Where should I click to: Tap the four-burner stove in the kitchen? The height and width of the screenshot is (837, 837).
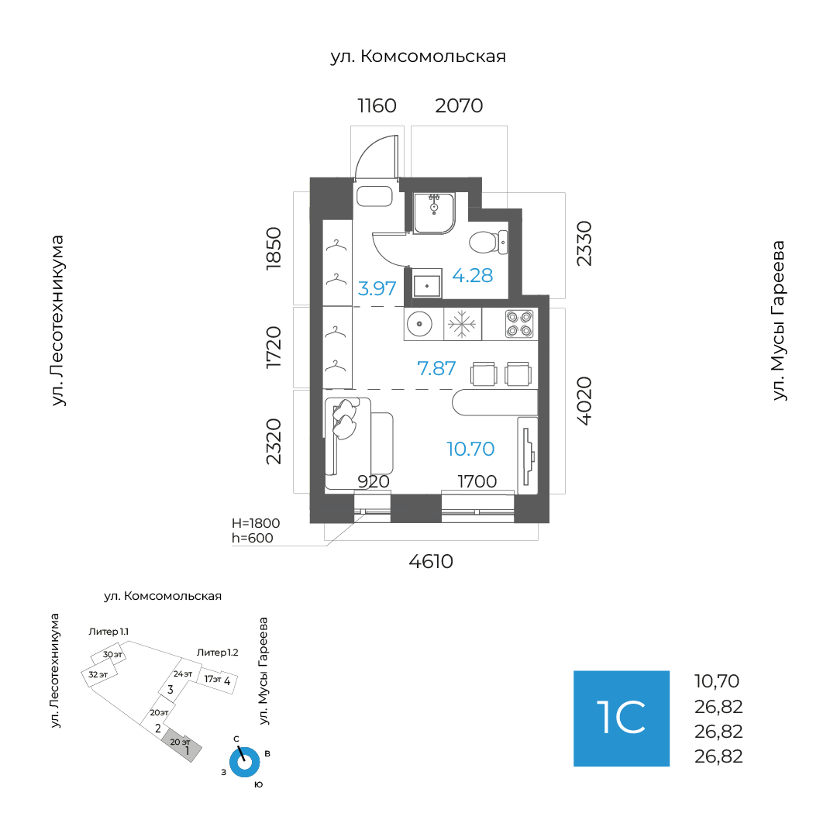(x=519, y=324)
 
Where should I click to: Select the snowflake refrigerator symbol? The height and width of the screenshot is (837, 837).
(x=462, y=324)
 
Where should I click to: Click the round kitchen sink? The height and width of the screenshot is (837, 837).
(x=419, y=324)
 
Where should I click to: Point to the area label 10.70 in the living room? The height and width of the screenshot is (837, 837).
(x=470, y=449)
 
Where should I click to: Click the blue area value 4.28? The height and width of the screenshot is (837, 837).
(x=473, y=275)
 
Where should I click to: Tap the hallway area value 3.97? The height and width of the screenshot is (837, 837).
(x=377, y=289)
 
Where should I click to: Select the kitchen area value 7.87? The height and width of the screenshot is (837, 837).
(x=436, y=368)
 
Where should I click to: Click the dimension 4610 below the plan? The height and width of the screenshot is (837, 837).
(x=431, y=562)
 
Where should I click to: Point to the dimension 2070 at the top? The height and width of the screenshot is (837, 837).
(x=459, y=105)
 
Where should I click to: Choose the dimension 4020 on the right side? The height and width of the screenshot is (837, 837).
(x=584, y=401)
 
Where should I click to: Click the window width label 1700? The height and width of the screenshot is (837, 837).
(x=477, y=481)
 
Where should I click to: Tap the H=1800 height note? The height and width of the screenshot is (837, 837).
(x=256, y=523)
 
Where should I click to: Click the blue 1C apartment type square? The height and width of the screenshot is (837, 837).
(x=622, y=718)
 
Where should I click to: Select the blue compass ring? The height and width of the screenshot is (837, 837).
(x=244, y=763)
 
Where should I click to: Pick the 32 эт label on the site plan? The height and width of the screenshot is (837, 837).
(x=98, y=675)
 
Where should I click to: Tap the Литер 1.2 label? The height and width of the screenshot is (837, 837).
(x=217, y=653)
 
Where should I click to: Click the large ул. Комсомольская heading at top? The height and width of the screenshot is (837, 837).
(x=418, y=56)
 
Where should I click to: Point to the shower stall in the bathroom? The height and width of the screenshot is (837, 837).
(x=434, y=213)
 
